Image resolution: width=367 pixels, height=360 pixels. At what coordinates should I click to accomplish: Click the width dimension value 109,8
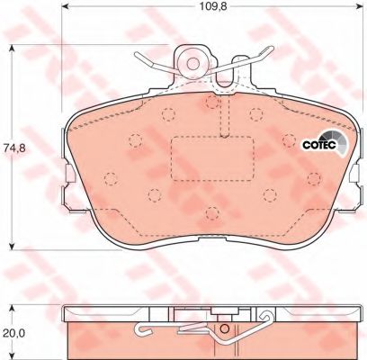(213, 6)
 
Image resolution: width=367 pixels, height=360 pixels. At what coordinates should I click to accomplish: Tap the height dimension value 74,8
(12, 148)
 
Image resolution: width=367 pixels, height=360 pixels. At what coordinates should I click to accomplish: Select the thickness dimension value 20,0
(12, 332)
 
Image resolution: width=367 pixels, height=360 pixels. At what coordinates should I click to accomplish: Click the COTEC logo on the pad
(325, 144)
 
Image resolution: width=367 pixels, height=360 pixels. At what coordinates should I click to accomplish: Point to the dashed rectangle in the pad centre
(212, 158)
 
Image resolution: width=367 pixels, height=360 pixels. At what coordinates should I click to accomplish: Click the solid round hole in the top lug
(192, 63)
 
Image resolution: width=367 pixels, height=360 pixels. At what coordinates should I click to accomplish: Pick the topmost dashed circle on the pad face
(212, 102)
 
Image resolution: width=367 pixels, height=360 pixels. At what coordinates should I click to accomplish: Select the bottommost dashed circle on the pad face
(212, 213)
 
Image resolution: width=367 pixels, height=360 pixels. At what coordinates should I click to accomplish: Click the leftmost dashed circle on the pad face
(111, 179)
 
